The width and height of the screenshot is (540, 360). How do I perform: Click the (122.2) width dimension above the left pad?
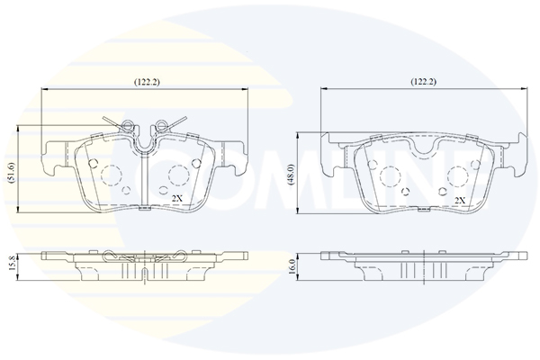click(x=147, y=82)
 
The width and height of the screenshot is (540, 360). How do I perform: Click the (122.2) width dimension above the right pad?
click(x=423, y=82)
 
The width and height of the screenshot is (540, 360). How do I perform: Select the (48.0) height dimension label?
click(x=292, y=175)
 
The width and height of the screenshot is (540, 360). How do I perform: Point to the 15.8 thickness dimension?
click(x=11, y=263)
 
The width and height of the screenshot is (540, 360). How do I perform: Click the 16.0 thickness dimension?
click(x=292, y=265)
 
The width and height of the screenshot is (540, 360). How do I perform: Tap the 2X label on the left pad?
click(x=177, y=198)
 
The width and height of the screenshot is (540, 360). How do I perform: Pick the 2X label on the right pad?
click(x=460, y=201)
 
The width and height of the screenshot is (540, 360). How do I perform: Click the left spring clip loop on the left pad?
click(x=127, y=124)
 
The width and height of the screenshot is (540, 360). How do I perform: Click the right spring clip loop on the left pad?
click(x=161, y=124)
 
